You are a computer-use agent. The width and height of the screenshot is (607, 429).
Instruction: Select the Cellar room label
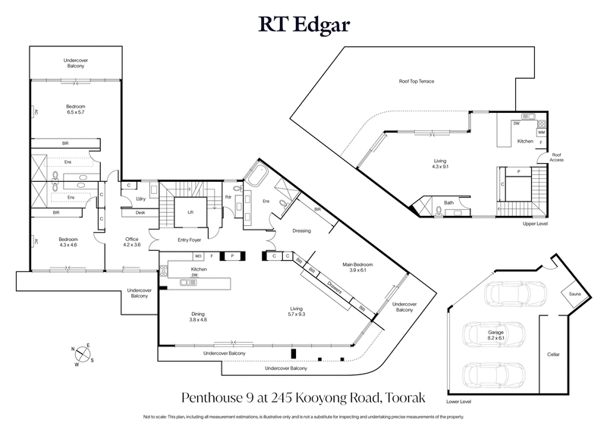(x=554, y=354)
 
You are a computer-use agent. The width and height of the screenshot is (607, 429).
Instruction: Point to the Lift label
(x=190, y=212)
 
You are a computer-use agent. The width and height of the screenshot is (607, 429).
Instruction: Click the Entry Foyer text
(x=195, y=240)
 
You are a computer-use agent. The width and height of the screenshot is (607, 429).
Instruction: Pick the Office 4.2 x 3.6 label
(x=133, y=242)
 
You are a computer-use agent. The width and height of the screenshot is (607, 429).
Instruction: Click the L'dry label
(x=140, y=199)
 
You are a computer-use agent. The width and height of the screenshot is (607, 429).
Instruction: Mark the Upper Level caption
(x=535, y=224)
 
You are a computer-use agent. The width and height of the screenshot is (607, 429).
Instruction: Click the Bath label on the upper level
(x=449, y=202)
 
